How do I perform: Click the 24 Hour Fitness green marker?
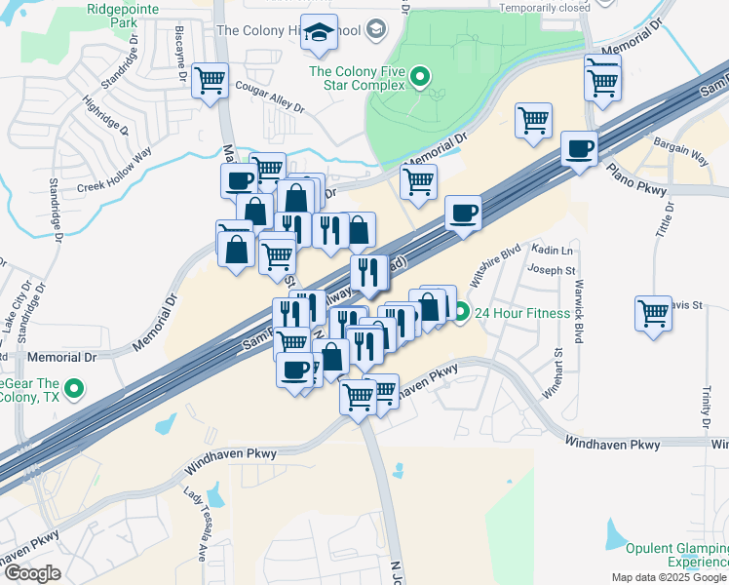point(462,314)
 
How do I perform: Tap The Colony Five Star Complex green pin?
point(420,74)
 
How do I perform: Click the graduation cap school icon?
point(319,34)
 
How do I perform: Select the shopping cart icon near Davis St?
point(653,313)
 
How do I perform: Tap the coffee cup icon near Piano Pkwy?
point(579,149)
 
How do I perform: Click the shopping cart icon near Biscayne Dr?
point(210,81)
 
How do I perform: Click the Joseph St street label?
point(545,269)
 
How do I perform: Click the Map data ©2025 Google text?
point(668,577)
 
